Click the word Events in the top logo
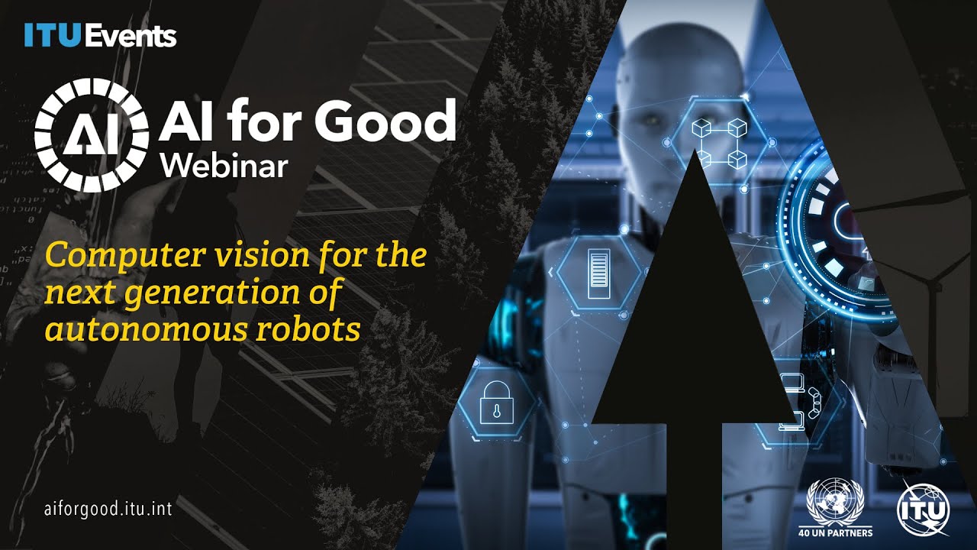pos(131,36)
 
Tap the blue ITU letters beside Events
pos(52,36)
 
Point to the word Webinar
pos(223,164)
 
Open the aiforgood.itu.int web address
pos(108,510)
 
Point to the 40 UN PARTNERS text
pos(835,532)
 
